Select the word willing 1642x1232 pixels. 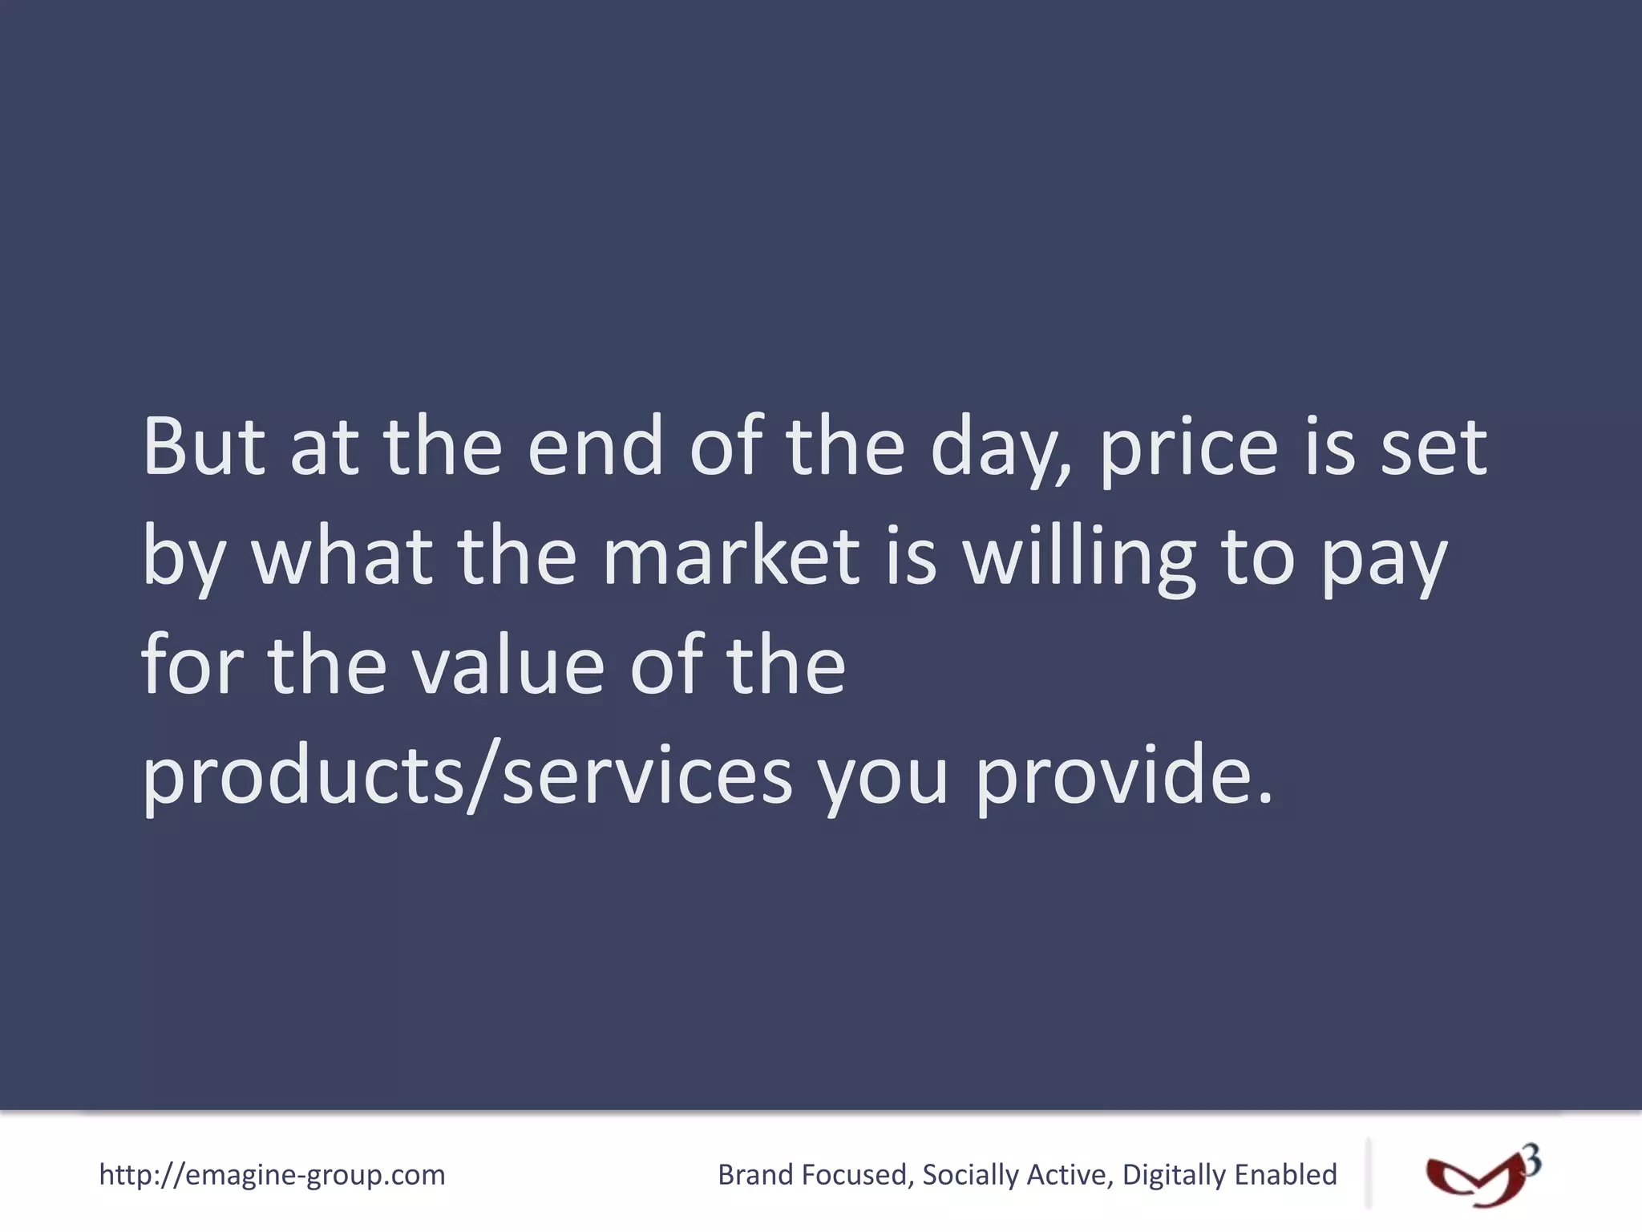(x=1079, y=558)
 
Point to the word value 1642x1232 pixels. (x=508, y=666)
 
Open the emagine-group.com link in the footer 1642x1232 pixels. (x=272, y=1175)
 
